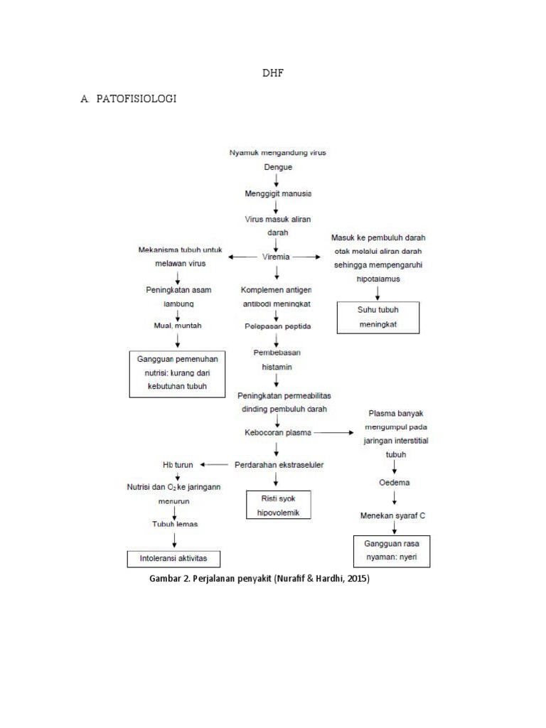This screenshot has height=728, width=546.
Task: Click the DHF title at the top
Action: (274, 73)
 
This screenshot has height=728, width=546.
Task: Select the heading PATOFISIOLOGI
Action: (135, 99)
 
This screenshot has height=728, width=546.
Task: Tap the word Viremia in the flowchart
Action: (276, 257)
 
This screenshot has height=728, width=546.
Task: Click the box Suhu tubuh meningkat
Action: (378, 317)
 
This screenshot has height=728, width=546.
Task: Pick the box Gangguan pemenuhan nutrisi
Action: (173, 373)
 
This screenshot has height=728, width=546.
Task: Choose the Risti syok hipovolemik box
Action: (279, 505)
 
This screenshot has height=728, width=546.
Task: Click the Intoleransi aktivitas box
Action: (173, 558)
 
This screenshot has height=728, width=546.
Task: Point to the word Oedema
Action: (392, 483)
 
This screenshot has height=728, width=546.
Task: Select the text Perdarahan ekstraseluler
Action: (279, 465)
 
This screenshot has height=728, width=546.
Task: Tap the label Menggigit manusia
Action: (278, 193)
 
